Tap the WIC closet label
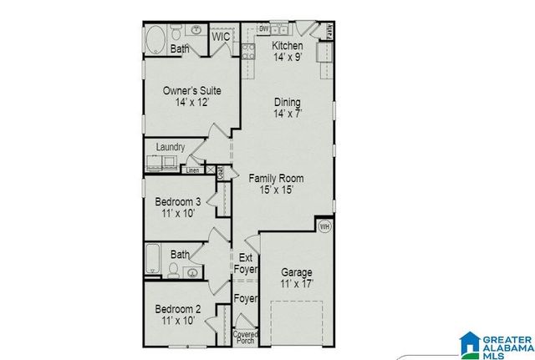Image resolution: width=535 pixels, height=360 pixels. (221, 37)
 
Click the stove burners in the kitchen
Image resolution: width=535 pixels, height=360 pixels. (247, 53)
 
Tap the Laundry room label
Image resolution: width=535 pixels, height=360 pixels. (170, 147)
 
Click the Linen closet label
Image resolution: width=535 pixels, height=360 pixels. (192, 170)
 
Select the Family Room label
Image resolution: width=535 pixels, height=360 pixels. (276, 178)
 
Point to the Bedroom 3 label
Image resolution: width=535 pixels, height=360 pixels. (177, 201)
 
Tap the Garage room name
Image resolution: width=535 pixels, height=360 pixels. (297, 272)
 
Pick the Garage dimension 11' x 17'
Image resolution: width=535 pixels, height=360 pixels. (297, 284)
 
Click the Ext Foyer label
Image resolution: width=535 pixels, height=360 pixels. (246, 262)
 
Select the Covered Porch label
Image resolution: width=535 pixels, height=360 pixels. (246, 337)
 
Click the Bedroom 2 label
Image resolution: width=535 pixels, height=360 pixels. (177, 309)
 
